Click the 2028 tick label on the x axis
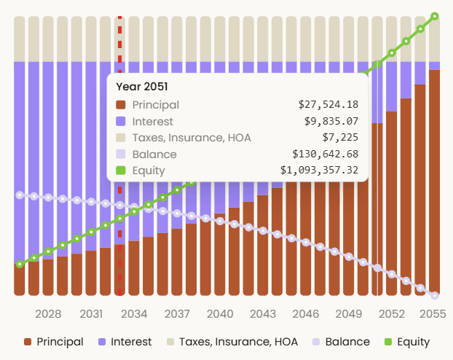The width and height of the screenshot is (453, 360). tap(48, 314)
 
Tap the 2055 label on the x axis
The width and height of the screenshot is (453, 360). tap(433, 314)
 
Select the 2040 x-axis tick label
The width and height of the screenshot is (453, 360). tap(219, 314)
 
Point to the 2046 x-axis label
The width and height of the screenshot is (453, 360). tap(305, 314)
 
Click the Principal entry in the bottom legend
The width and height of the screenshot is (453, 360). tap(53, 342)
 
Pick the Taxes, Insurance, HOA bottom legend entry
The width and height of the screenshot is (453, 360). tap(231, 342)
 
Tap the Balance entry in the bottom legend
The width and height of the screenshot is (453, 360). tap(340, 342)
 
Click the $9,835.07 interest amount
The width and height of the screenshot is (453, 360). tap(331, 121)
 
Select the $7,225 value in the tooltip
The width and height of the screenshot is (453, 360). tap(340, 138)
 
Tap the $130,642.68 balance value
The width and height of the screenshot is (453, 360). tap(325, 154)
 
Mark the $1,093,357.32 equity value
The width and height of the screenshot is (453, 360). tap(319, 171)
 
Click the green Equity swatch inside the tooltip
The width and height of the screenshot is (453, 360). tap(121, 171)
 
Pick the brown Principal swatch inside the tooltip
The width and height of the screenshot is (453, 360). tap(121, 105)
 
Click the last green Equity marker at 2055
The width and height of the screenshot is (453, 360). tap(435, 16)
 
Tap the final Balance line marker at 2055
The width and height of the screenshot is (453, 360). tap(435, 295)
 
